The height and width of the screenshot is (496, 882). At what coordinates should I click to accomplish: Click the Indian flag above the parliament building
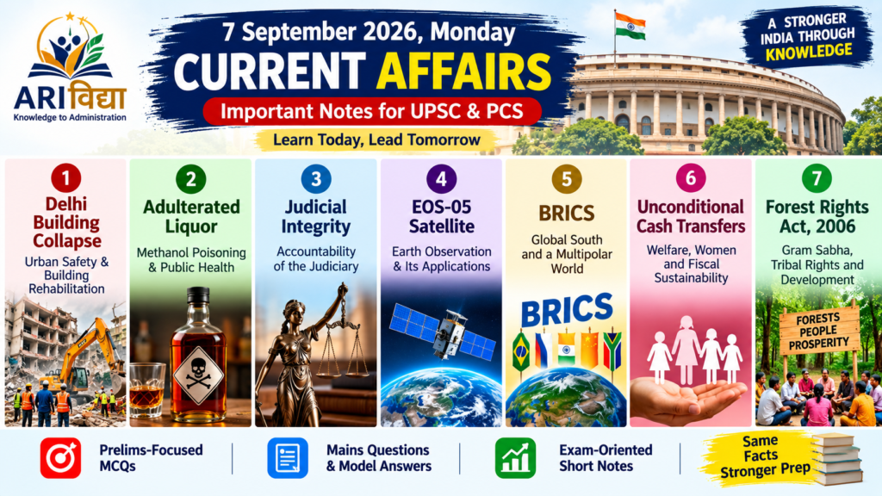(x=630, y=26)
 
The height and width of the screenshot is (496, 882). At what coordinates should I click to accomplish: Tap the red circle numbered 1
(x=65, y=178)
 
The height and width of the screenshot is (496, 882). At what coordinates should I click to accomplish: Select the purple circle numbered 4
(x=441, y=179)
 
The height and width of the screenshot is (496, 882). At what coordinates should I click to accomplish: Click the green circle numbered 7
(x=817, y=179)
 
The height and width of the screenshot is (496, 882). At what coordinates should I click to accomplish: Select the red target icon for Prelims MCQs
(x=61, y=458)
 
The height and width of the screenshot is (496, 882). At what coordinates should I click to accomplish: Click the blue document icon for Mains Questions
(x=288, y=458)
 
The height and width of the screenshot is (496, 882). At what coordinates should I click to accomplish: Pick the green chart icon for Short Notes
(x=515, y=458)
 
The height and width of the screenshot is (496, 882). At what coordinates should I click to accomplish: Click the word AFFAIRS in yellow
(x=463, y=72)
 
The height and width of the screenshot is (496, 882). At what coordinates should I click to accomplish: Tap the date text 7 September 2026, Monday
(x=369, y=32)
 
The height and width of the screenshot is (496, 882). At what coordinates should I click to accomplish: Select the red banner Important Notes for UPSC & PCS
(x=372, y=111)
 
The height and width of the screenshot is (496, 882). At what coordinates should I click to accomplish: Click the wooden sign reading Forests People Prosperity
(x=819, y=331)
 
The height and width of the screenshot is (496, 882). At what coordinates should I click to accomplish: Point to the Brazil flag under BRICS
(x=521, y=351)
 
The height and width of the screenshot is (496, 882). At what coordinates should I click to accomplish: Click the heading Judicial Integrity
(x=315, y=216)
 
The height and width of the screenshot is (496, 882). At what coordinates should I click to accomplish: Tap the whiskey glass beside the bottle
(x=147, y=389)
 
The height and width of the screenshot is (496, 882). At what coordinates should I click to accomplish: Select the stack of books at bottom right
(x=837, y=458)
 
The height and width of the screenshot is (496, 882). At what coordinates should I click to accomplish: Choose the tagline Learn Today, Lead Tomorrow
(x=376, y=140)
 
